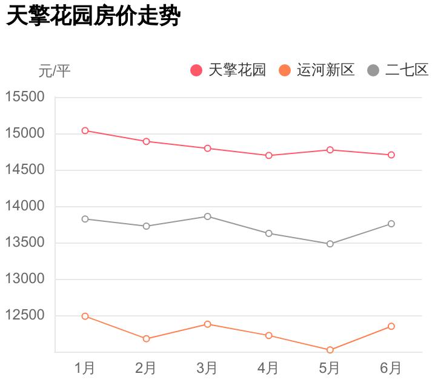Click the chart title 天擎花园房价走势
pos(93,16)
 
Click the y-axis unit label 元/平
pos(55,71)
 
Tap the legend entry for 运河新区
pos(317,70)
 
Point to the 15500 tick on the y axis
pos(25,97)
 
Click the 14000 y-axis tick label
pos(25,206)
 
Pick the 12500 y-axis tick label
pos(25,315)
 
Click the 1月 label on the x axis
pos(85,367)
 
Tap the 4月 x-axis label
pos(268,367)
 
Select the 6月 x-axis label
pos(391,367)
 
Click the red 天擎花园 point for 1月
pos(85,130)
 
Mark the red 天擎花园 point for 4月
pos(268,155)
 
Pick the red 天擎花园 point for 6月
pos(391,155)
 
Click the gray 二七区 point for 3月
pos(207,216)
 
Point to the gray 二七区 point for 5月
pos(330,244)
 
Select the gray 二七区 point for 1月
pos(85,219)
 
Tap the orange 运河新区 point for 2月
pos(146,339)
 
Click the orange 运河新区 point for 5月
pos(330,350)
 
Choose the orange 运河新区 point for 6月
pos(391,326)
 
